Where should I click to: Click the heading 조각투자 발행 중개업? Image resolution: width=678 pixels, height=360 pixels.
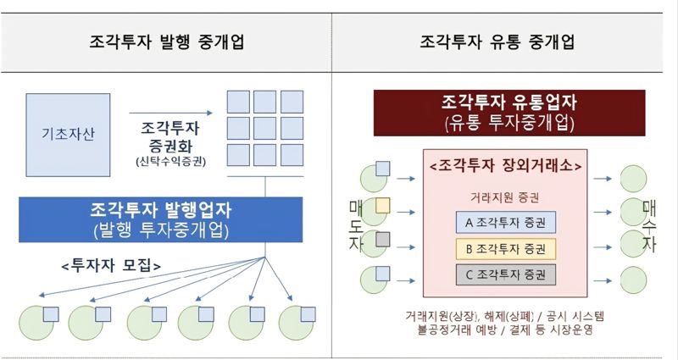[x=165, y=42]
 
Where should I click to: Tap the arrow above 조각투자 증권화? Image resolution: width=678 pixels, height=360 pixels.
[x=170, y=112]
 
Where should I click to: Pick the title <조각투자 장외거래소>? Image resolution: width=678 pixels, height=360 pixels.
[x=505, y=166]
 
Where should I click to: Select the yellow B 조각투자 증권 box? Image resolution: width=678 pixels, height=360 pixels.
[x=505, y=249]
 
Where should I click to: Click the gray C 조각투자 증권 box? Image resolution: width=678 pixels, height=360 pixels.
[x=505, y=274]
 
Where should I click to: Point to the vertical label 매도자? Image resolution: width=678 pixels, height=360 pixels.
[x=355, y=225]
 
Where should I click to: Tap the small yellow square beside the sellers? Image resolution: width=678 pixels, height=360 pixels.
[x=383, y=204]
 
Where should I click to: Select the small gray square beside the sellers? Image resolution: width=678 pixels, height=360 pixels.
[x=383, y=239]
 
